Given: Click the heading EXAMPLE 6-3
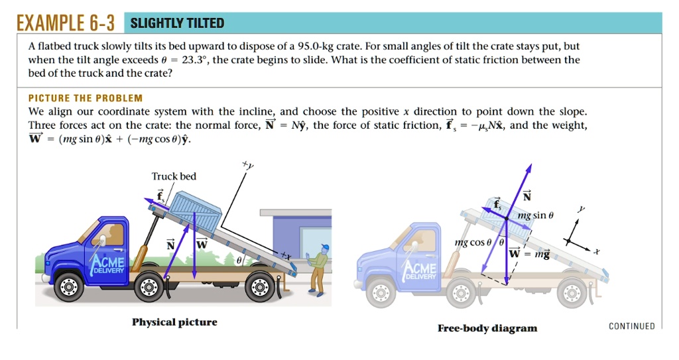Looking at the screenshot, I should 65,24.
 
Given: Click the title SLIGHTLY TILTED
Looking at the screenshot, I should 177,24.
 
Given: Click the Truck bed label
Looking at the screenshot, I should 174,176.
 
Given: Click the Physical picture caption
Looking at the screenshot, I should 174,322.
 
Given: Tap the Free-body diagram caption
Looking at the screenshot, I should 487,328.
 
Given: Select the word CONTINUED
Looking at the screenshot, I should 631,326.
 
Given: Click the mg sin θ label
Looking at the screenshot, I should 535,215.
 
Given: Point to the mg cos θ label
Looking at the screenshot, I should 473,243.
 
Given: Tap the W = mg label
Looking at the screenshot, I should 529,253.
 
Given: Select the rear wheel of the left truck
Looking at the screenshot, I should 259,286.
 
